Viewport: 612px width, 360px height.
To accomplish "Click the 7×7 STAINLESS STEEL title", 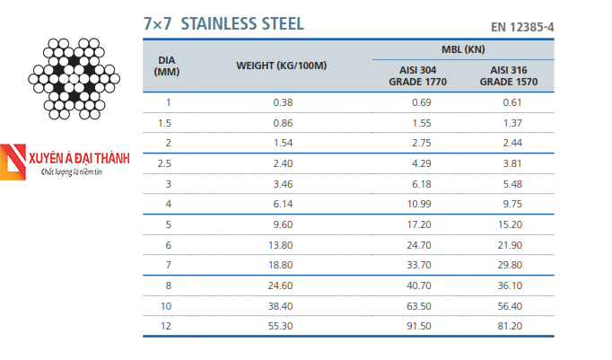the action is tap(223, 24).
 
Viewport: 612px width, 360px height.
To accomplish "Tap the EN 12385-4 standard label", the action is tap(522, 27).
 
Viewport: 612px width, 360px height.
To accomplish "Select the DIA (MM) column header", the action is tap(167, 66).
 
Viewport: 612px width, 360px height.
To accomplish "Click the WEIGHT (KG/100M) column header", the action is tap(282, 66).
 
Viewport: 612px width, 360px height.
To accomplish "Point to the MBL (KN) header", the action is tap(463, 49).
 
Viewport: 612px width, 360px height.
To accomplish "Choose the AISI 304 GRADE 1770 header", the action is tap(417, 75).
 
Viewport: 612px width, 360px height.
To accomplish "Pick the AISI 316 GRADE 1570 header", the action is tap(509, 75).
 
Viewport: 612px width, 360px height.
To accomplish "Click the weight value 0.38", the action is tap(283, 102).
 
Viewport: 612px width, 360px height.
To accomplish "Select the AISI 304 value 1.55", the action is tap(422, 123).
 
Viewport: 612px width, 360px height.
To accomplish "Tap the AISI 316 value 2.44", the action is tap(512, 143).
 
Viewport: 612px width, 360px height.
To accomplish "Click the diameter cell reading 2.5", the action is tap(164, 163).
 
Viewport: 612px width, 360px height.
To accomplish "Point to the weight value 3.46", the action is tap(283, 184).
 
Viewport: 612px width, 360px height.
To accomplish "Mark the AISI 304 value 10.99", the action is tap(419, 204).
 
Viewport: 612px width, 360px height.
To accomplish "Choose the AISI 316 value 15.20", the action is tap(510, 224).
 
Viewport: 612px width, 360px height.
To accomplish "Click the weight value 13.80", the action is tap(281, 245).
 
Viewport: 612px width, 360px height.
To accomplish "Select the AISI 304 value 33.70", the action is tap(419, 265).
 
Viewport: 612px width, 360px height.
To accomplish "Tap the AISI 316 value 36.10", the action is tap(510, 285).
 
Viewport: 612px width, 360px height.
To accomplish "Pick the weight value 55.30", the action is tap(281, 326).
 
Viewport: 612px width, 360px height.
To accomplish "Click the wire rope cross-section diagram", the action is tap(74, 78).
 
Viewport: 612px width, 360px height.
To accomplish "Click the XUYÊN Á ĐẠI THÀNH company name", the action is tap(79, 158).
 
